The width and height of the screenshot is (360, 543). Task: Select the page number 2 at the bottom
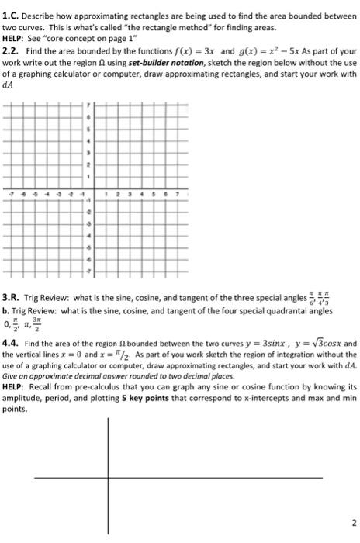click(x=351, y=522)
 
